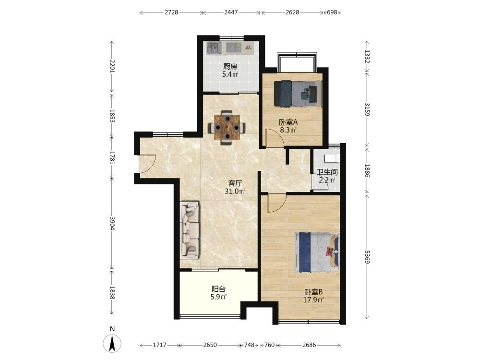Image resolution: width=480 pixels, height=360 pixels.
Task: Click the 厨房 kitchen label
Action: (230, 66)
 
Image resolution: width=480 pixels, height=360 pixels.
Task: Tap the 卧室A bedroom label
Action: (288, 122)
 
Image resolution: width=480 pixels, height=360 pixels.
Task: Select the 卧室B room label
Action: (313, 292)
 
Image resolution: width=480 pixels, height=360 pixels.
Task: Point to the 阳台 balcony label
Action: (218, 289)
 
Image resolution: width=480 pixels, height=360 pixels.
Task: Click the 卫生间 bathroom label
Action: (327, 172)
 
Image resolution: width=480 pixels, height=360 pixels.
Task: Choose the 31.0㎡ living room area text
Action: (235, 192)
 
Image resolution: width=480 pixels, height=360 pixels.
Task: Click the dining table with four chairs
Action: (227, 127)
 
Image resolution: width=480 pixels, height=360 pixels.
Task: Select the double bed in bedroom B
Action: (317, 252)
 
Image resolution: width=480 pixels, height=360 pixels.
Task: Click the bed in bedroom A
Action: (298, 94)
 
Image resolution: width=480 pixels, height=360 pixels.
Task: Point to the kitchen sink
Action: (214, 48)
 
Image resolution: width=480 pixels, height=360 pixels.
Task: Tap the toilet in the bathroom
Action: (332, 158)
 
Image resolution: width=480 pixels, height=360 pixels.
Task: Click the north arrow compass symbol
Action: (112, 344)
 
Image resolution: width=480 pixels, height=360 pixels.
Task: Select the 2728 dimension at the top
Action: (171, 12)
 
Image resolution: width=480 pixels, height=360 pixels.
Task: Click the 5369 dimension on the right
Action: (367, 257)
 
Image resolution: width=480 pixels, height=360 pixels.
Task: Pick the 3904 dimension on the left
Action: (112, 224)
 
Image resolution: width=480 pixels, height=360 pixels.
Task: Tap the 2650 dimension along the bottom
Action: (210, 345)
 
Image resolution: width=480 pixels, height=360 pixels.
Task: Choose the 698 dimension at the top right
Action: (332, 12)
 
